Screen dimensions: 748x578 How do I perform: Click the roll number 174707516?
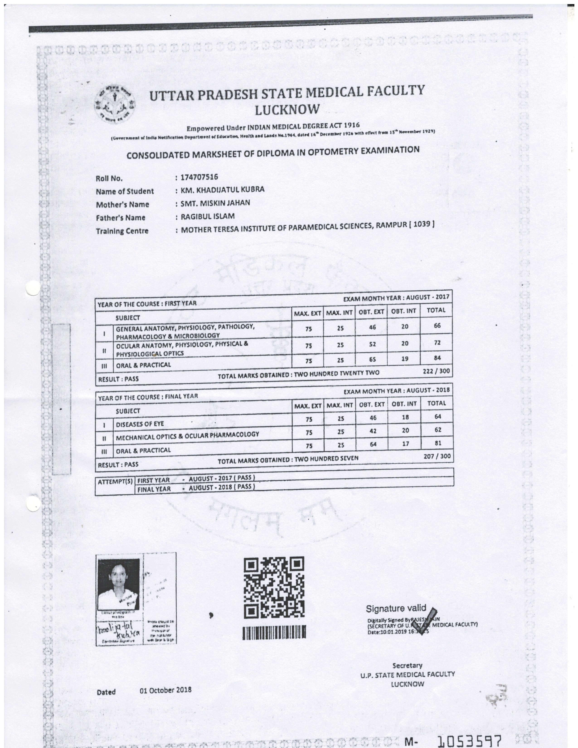(x=199, y=177)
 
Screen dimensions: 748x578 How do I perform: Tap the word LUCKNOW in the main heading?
(x=287, y=110)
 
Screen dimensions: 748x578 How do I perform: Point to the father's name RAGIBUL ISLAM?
(x=207, y=216)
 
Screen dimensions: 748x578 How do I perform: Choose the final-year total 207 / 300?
(x=437, y=456)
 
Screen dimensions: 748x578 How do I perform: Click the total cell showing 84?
(x=437, y=358)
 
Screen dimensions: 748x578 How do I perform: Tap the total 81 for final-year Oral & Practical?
(x=438, y=443)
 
